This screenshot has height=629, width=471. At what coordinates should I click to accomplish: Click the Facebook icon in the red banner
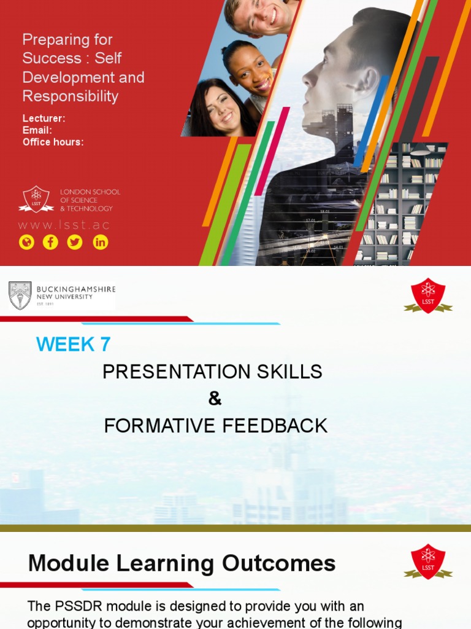(x=50, y=242)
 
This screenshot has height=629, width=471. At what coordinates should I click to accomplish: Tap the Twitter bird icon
(x=75, y=242)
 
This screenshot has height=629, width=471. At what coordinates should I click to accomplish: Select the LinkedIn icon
(x=100, y=242)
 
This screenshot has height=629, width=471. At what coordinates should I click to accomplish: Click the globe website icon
(x=26, y=242)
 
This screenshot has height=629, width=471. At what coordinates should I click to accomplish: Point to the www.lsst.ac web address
(x=64, y=225)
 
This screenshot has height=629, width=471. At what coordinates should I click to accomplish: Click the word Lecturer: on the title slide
(x=44, y=119)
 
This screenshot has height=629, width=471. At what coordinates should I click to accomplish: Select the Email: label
(x=37, y=130)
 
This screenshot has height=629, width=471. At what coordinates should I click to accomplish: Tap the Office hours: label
(x=53, y=142)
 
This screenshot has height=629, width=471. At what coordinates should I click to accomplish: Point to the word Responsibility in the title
(x=70, y=96)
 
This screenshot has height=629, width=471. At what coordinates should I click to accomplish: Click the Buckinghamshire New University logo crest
(x=20, y=295)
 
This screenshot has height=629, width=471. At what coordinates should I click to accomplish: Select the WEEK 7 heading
(x=74, y=345)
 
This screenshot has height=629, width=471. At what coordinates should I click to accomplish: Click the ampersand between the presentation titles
(x=214, y=399)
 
